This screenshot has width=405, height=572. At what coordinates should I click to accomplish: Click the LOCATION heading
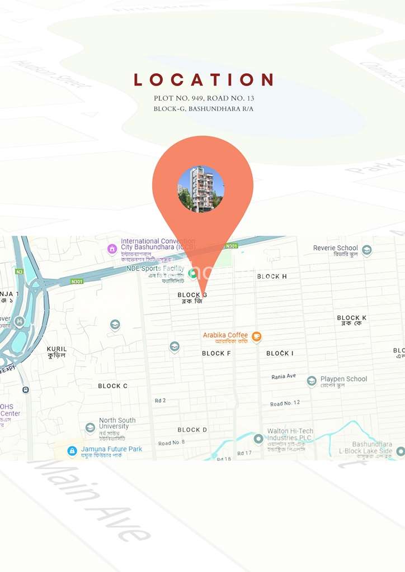pyautogui.click(x=203, y=80)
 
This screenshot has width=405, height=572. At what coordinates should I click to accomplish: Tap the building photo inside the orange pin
pyautogui.click(x=201, y=189)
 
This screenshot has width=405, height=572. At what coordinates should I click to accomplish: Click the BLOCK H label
pyautogui.click(x=272, y=277)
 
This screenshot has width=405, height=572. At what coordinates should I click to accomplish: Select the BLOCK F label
pyautogui.click(x=216, y=354)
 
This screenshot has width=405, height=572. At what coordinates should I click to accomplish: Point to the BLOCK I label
pyautogui.click(x=280, y=354)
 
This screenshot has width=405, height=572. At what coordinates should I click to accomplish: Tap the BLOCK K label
pyautogui.click(x=351, y=318)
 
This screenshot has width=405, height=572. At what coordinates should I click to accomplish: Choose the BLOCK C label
pyautogui.click(x=112, y=386)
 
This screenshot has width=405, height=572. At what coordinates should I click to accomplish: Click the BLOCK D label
pyautogui.click(x=192, y=430)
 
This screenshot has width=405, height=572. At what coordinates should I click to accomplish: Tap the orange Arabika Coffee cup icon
pyautogui.click(x=256, y=336)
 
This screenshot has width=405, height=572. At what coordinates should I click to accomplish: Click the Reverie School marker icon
pyautogui.click(x=367, y=250)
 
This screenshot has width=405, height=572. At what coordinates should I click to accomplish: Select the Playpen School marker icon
pyautogui.click(x=312, y=381)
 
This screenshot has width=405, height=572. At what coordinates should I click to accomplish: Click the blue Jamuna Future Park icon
pyautogui.click(x=72, y=451)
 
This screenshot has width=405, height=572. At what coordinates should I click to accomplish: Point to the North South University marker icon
pyautogui.click(x=90, y=428)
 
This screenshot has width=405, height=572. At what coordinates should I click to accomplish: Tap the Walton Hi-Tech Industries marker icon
pyautogui.click(x=258, y=439)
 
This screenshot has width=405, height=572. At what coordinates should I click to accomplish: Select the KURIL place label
pyautogui.click(x=56, y=349)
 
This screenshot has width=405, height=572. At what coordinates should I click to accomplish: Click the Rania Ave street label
pyautogui.click(x=284, y=376)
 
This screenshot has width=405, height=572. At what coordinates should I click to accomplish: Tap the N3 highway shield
pyautogui.click(x=20, y=272)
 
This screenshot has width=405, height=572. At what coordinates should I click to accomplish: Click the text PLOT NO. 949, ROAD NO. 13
pyautogui.click(x=204, y=98)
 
